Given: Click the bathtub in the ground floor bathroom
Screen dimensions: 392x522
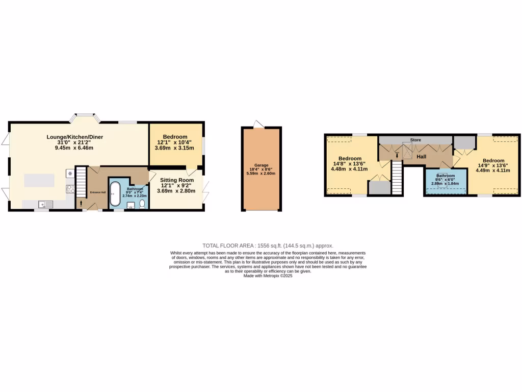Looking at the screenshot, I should point(115,194).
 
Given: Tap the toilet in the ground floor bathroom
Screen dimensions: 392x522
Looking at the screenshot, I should point(142,204).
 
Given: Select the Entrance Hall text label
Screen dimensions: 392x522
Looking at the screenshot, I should point(97,192).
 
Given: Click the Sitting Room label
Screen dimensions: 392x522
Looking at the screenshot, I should point(177,180).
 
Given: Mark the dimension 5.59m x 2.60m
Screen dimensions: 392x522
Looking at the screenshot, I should point(261,174).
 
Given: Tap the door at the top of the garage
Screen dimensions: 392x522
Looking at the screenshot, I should point(259,124).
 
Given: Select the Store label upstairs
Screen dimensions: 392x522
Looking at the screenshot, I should point(415,139).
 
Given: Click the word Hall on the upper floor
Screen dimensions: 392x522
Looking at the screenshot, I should point(421,157).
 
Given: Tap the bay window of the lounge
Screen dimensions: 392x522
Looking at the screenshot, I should point(85,117).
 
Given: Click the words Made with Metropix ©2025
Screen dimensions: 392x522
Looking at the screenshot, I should point(268,276).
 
